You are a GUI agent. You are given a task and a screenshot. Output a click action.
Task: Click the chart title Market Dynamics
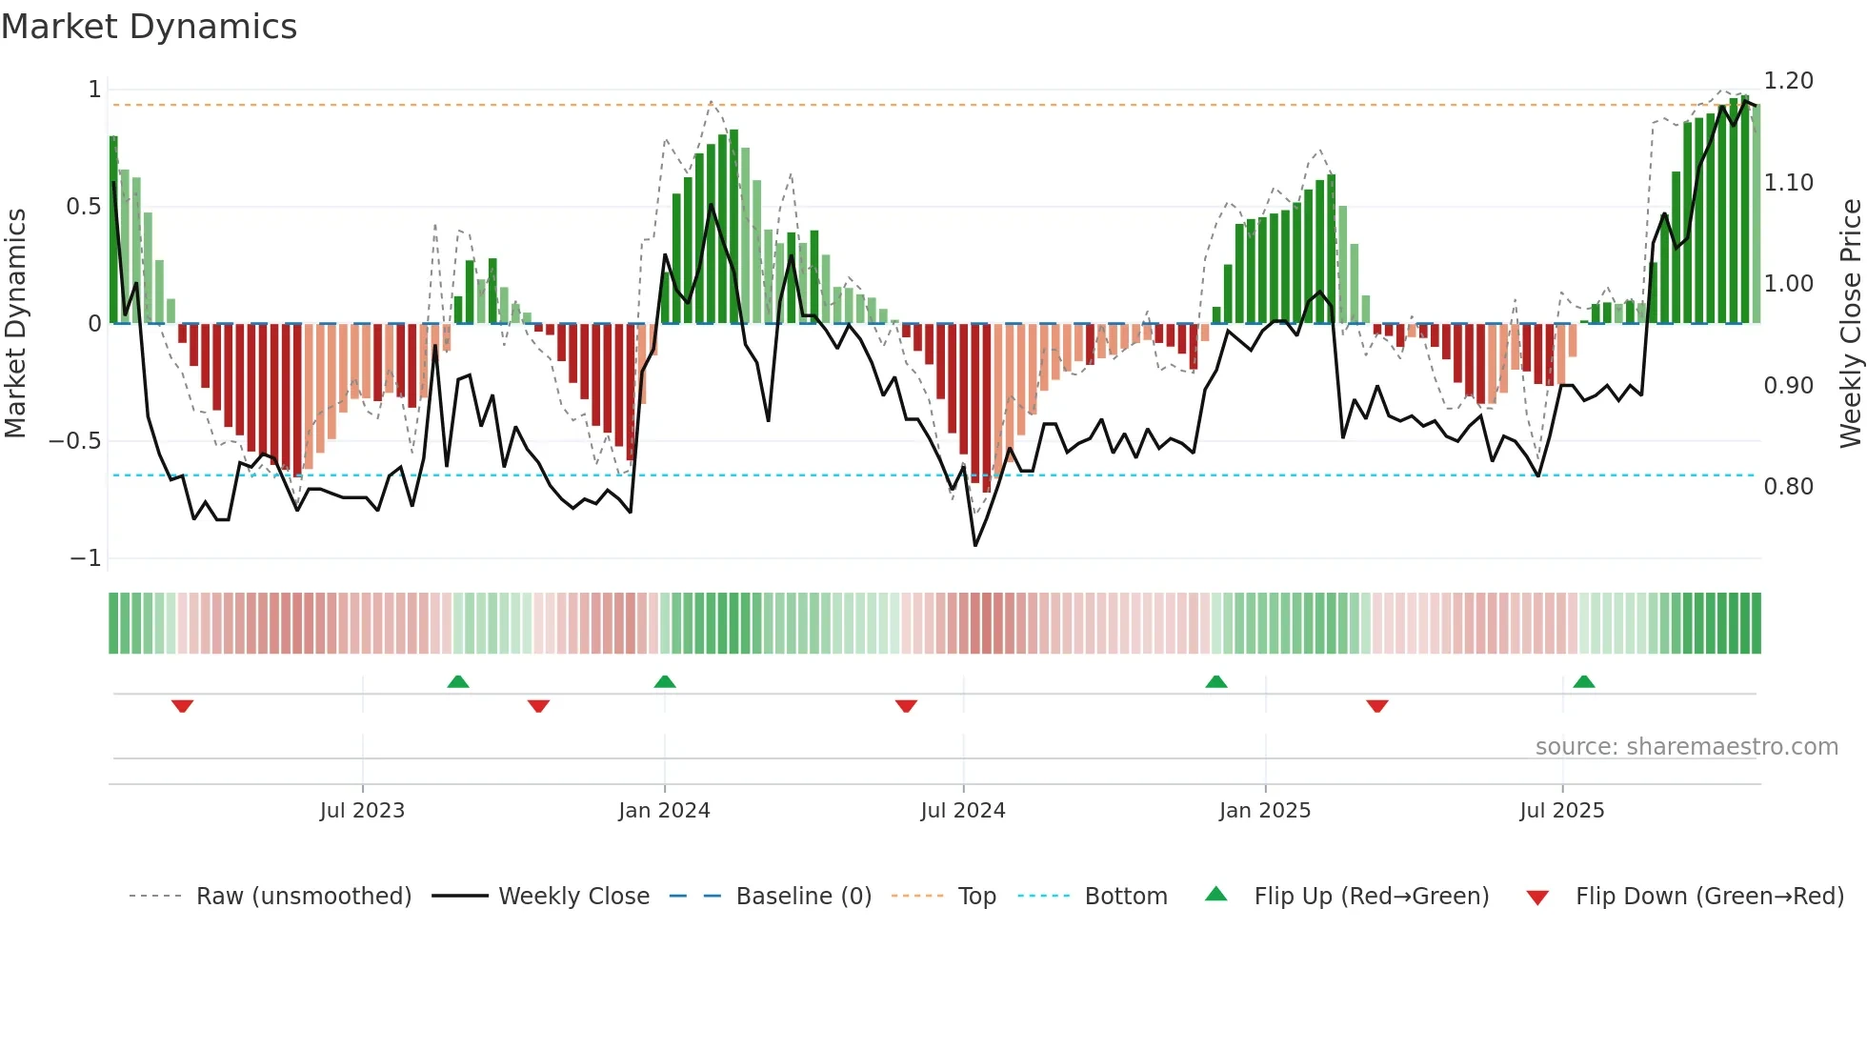click(149, 27)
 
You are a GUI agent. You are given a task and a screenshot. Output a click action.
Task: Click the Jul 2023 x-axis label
click(362, 811)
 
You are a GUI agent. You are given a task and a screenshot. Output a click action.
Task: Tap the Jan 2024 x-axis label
click(664, 811)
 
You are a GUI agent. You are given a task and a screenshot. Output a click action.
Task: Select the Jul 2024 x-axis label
click(963, 811)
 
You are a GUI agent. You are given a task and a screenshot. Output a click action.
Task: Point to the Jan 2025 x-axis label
click(1265, 811)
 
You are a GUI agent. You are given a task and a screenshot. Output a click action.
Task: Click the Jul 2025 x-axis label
click(1562, 811)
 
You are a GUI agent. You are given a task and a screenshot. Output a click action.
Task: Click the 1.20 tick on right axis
click(1788, 81)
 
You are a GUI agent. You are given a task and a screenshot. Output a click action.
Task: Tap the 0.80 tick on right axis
click(1788, 487)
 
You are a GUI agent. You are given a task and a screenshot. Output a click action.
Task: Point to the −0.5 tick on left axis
click(74, 441)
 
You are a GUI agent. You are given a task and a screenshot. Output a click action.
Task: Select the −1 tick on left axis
click(86, 558)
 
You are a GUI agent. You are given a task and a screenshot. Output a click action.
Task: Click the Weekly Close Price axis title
click(1850, 323)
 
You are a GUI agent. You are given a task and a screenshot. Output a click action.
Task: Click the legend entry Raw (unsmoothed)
click(303, 897)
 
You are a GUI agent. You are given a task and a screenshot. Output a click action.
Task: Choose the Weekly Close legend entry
click(573, 897)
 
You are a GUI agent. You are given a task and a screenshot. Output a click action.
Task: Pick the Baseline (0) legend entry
click(803, 897)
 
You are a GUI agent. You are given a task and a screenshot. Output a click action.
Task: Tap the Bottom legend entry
click(1125, 897)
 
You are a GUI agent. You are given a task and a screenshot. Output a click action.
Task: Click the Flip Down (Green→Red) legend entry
click(1709, 897)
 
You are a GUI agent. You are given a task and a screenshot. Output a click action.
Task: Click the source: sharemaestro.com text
click(1686, 747)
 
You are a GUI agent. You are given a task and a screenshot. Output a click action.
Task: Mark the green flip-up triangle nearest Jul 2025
click(1584, 681)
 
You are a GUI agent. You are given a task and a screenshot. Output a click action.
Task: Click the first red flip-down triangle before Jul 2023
click(183, 706)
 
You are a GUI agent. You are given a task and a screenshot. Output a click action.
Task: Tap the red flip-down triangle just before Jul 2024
click(906, 706)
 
